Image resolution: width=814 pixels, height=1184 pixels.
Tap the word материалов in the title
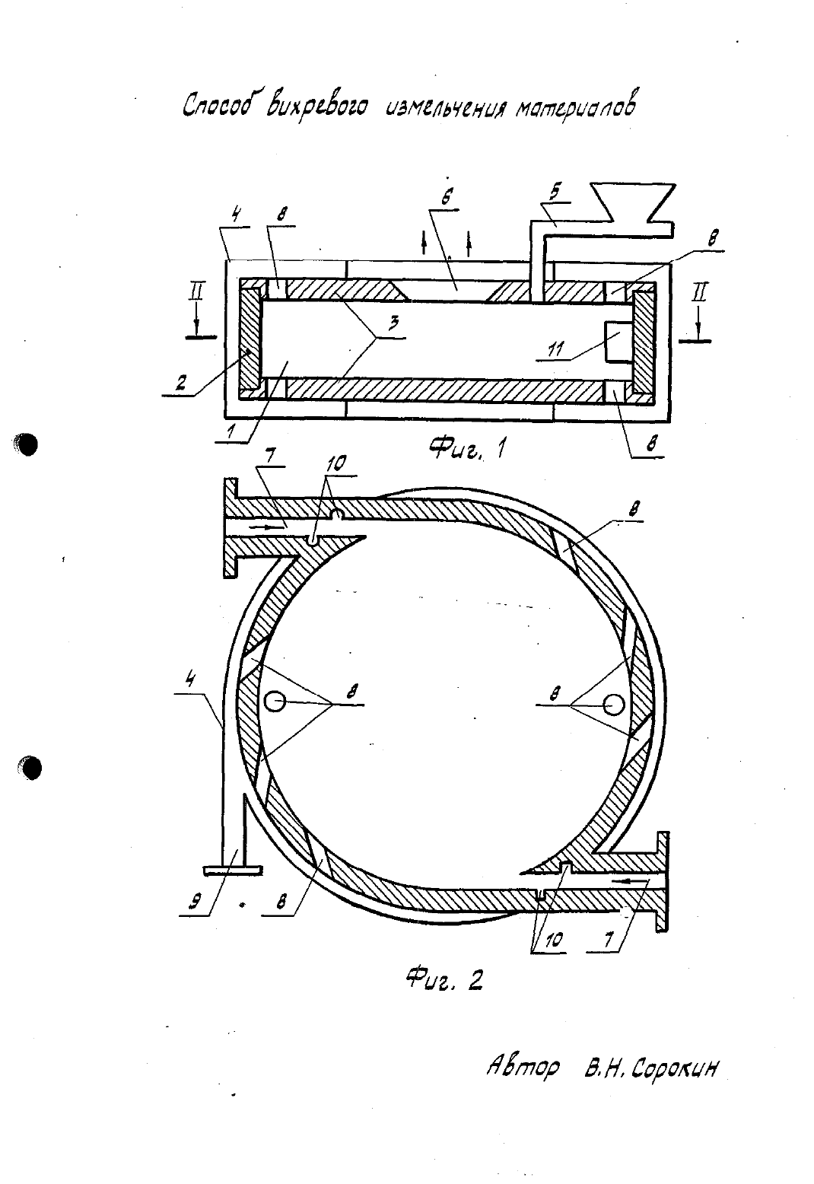(576, 105)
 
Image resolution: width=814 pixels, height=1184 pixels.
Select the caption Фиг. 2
(444, 980)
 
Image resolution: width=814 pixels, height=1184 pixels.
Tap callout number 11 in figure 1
(557, 349)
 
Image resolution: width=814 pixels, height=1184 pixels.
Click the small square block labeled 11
(619, 342)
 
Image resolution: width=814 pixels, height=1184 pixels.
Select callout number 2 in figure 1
(181, 382)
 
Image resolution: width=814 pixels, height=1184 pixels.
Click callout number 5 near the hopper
(555, 192)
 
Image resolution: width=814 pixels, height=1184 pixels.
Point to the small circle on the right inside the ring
(615, 704)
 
